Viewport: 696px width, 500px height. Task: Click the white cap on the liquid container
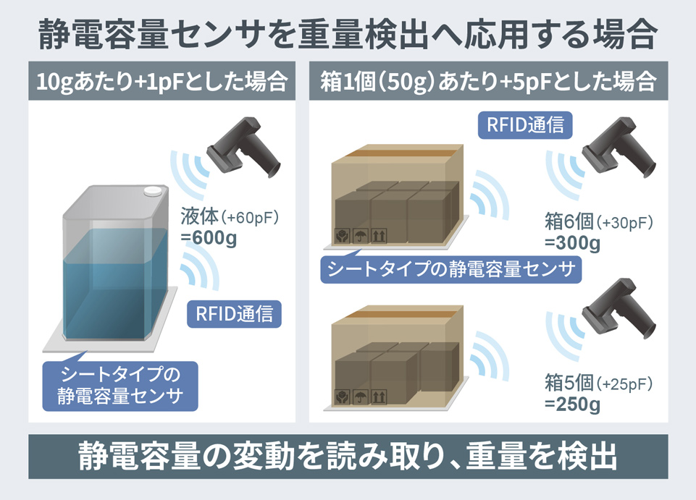coord(153,191)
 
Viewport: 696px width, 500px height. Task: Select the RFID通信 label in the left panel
coord(234,314)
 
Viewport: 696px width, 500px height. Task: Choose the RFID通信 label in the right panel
coord(526,124)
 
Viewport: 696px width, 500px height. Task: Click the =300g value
coord(571,243)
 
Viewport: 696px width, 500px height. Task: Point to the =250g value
coord(571,404)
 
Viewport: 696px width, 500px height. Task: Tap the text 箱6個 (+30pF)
coord(598,222)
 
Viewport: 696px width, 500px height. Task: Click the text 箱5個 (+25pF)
coord(598,383)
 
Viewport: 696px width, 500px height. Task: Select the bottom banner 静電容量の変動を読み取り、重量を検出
coord(348,457)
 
